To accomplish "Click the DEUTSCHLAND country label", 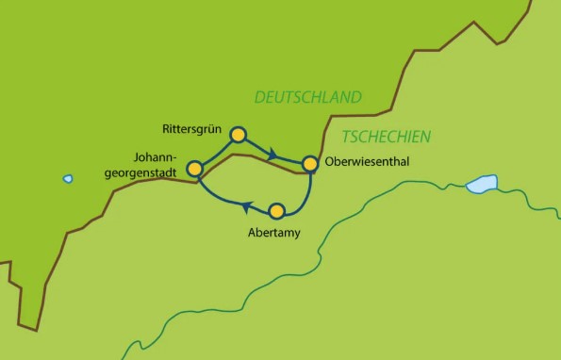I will point(307,97).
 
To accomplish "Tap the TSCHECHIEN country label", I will point(386,136).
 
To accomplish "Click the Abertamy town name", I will point(269,232).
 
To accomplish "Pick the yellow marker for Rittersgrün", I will point(239,135).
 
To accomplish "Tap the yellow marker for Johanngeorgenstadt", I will point(195,169).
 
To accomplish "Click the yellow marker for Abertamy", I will point(276,210).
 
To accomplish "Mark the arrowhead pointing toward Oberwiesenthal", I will point(272,154).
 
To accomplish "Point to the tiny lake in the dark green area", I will point(68,178).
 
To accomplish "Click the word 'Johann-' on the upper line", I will point(155,159).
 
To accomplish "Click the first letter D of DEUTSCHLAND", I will point(258,98).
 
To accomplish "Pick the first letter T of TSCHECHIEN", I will point(346,137).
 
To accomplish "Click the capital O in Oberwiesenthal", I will point(329,162).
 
